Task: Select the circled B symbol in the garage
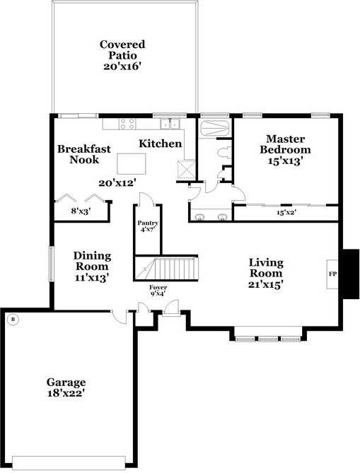[x=11, y=320]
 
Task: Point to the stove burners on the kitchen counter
[x=127, y=124]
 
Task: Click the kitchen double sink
[x=170, y=124]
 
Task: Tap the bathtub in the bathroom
[x=213, y=129]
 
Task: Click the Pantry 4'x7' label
[x=147, y=227]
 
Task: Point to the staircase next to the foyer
[x=173, y=269]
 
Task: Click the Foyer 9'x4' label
[x=157, y=291]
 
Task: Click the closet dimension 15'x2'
[x=284, y=211]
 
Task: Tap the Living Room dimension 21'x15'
[x=266, y=284]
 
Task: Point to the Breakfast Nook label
[x=83, y=154]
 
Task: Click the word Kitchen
[x=160, y=144]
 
